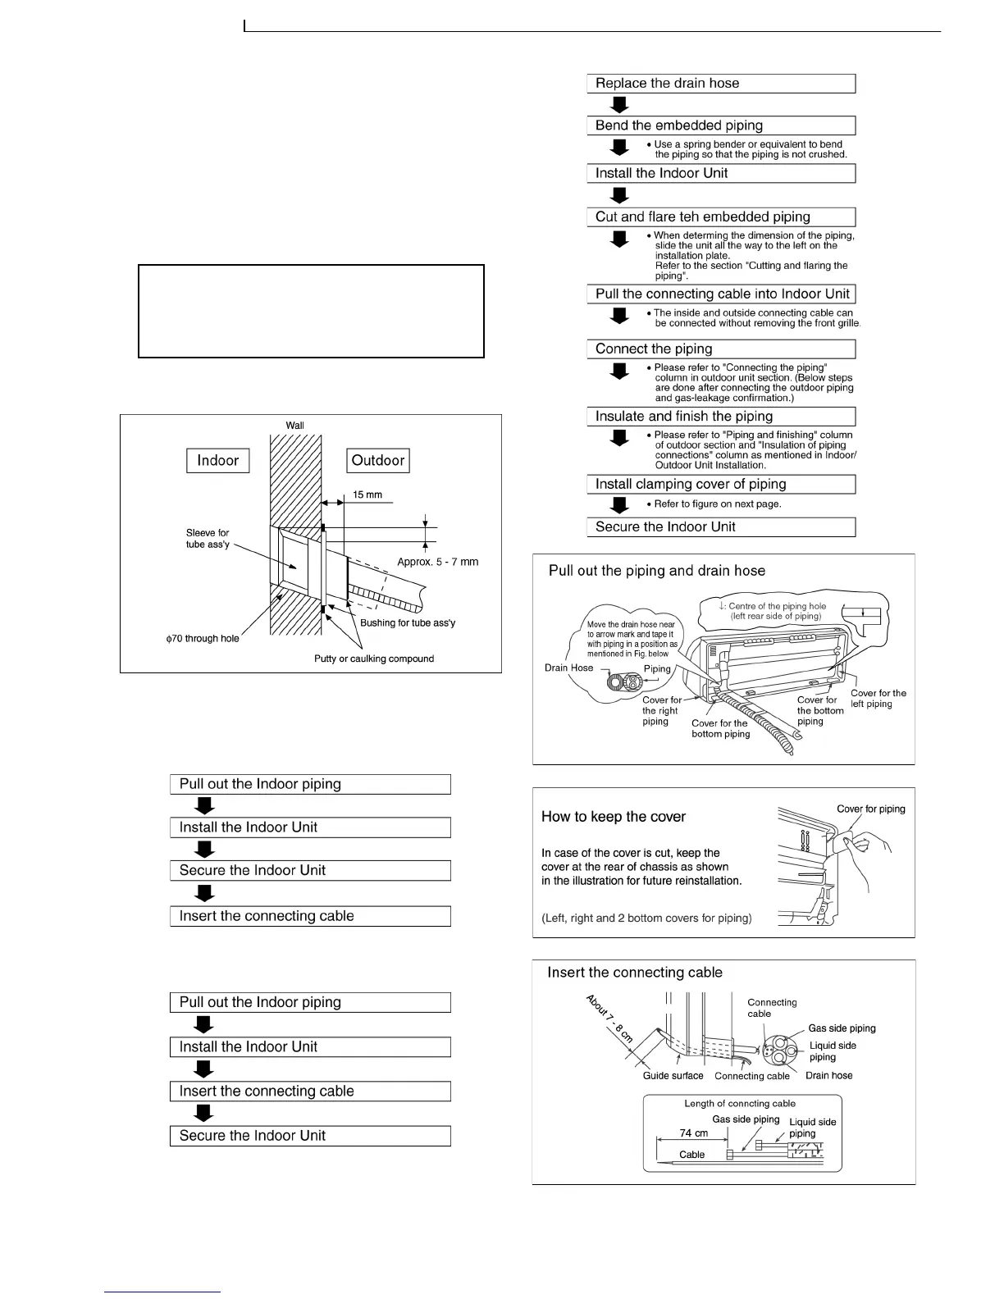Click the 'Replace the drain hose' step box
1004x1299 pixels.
721,84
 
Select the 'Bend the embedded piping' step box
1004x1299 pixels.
721,125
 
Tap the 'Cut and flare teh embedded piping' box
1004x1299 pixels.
721,216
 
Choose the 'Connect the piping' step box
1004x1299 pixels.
721,349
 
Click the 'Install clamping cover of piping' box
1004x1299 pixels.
721,484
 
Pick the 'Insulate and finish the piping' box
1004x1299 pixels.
721,416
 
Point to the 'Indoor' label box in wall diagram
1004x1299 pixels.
217,460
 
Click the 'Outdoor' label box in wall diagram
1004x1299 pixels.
377,460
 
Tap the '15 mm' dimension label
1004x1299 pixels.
367,495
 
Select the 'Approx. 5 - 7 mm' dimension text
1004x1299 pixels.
437,562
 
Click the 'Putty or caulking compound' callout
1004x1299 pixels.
374,659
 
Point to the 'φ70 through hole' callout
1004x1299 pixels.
203,638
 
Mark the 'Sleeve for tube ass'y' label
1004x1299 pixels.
208,539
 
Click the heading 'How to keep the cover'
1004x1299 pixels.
613,817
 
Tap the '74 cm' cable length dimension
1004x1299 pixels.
694,1133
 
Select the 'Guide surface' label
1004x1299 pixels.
673,1075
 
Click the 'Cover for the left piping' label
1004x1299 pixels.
878,699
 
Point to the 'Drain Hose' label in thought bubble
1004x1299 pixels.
568,668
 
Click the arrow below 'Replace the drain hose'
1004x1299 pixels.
620,104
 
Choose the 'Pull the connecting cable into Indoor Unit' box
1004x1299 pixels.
721,294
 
